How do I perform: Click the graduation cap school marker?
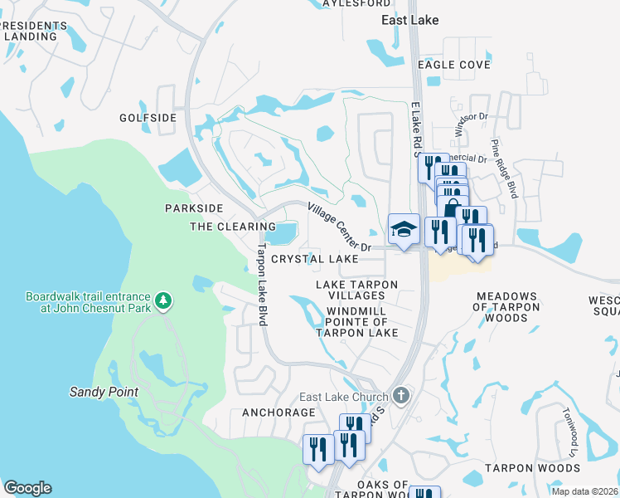[404, 230]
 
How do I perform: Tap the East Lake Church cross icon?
[401, 395]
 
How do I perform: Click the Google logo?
[27, 488]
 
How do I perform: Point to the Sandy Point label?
[104, 391]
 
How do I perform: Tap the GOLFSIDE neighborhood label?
[148, 118]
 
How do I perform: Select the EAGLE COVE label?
[454, 65]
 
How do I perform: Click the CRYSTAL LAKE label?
[315, 259]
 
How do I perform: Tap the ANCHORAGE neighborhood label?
[279, 412]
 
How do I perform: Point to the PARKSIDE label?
[194, 207]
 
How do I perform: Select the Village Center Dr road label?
[340, 227]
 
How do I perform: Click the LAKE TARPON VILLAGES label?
[357, 290]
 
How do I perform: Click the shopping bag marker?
[452, 209]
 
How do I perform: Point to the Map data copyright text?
[584, 491]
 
